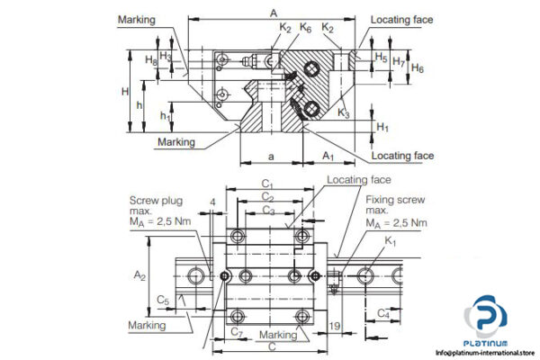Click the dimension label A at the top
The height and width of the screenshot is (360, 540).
coord(272,12)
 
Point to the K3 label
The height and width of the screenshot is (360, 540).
coord(344,113)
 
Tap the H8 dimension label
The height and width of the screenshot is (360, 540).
coord(150,59)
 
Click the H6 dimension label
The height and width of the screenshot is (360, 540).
coord(418,68)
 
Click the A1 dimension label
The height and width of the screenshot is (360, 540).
coord(328,156)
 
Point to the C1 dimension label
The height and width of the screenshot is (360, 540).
coord(267,184)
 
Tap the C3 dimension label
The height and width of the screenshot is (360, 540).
coord(268,210)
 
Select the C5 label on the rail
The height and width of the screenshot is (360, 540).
coord(162,299)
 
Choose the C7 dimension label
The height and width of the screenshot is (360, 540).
coord(235,332)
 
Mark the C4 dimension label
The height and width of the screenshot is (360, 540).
coord(382,313)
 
